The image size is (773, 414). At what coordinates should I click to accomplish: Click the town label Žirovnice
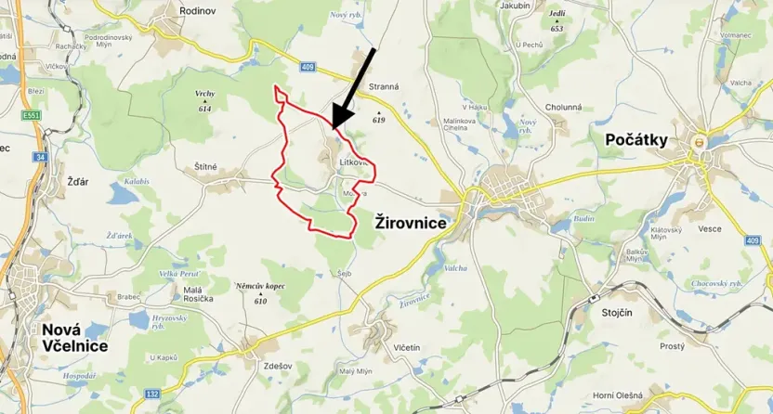(x=410, y=223)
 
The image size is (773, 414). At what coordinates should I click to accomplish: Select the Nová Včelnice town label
(x=73, y=338)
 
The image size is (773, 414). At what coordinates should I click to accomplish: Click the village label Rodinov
(x=197, y=11)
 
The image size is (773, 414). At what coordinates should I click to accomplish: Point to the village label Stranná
(x=384, y=86)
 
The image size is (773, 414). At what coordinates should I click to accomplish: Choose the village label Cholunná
(x=563, y=107)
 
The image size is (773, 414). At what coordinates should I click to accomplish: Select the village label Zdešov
(x=278, y=366)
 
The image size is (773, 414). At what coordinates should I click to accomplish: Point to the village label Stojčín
(x=617, y=312)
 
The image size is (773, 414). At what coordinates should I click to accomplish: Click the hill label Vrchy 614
(x=204, y=101)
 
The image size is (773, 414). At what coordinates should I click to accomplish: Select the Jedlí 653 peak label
(x=557, y=21)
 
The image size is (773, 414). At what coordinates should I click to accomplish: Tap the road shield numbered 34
(x=40, y=157)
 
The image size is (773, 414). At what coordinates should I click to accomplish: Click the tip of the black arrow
(x=332, y=126)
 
